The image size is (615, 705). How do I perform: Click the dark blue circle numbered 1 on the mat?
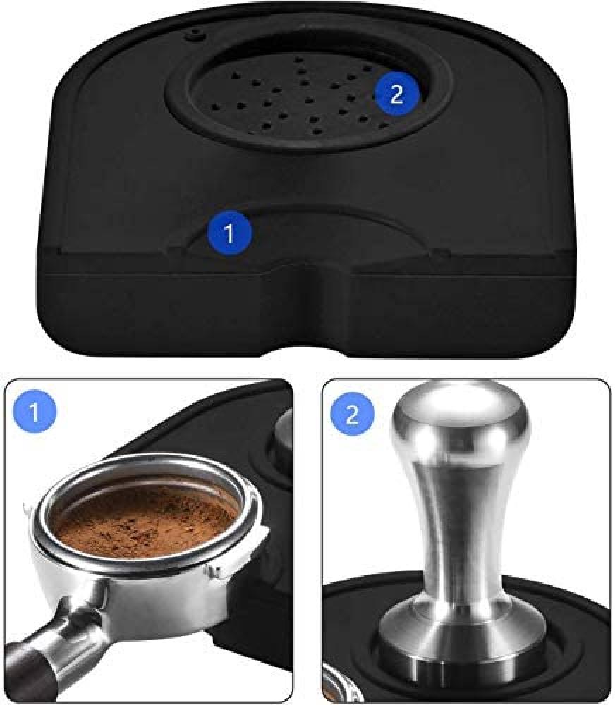tap(230, 233)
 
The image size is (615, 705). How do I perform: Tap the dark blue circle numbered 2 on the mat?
tap(396, 94)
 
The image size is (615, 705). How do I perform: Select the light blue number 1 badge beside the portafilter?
tap(35, 412)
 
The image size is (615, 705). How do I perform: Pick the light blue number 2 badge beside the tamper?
tap(352, 412)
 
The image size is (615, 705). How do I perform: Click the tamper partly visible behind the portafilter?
tap(281, 439)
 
